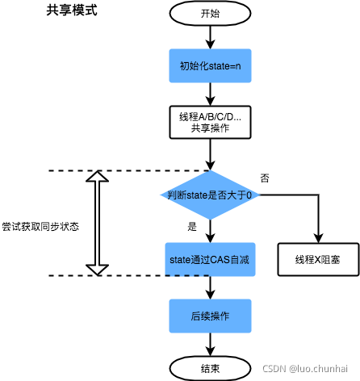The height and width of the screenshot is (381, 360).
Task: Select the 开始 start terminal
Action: click(210, 13)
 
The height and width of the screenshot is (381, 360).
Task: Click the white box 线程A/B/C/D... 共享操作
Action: click(210, 122)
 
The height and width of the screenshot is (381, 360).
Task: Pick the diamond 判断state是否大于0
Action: click(210, 195)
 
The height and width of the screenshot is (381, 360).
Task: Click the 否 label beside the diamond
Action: click(265, 177)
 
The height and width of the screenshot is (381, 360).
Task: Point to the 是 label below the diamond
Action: click(191, 226)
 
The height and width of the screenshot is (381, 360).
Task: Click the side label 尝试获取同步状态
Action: click(40, 226)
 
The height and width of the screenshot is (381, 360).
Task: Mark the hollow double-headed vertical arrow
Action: click(97, 223)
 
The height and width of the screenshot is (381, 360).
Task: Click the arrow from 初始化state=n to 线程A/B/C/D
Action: click(210, 93)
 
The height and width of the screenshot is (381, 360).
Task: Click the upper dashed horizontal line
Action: click(121, 171)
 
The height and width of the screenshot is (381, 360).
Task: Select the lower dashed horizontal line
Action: click(121, 275)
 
